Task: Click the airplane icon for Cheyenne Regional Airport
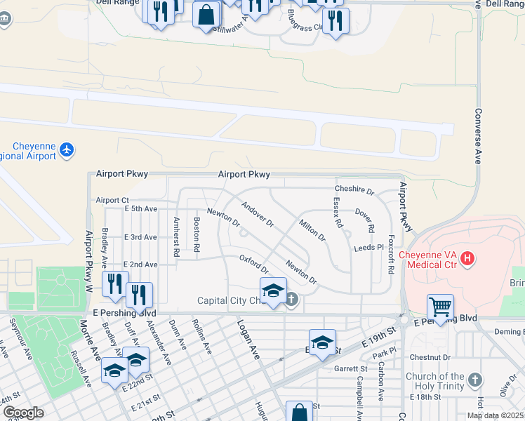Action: pos(67,149)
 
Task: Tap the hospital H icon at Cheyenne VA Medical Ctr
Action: pos(467,260)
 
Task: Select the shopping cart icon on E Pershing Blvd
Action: pos(440,307)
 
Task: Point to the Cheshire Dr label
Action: pos(354,190)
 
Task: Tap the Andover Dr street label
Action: pos(257,215)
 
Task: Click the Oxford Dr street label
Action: pos(254,264)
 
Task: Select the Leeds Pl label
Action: pos(369,248)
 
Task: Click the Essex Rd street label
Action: pos(338,213)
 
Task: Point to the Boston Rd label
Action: pos(197,235)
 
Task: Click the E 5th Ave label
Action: pos(141,208)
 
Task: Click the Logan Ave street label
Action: pos(248,340)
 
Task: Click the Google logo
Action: pos(23,413)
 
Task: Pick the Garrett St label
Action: pos(351,368)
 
